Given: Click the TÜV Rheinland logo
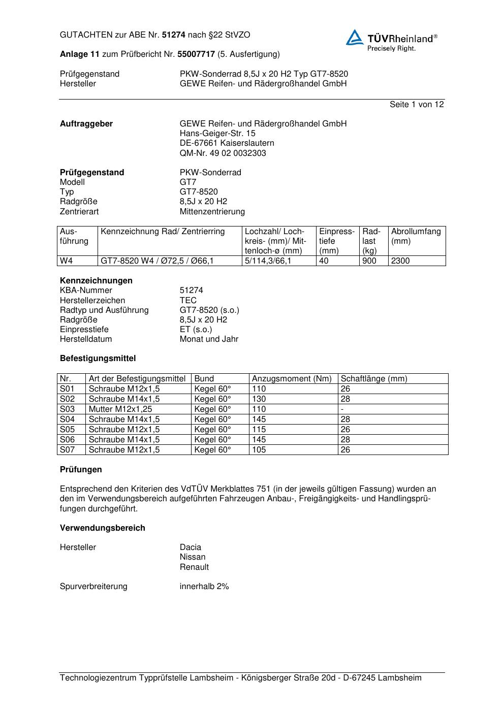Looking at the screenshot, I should tap(391, 40).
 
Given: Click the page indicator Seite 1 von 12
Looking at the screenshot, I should tap(417, 105).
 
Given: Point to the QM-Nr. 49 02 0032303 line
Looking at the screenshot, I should tap(223, 153).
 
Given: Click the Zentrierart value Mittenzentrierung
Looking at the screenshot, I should tap(212, 212).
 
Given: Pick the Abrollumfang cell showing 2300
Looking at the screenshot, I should tap(400, 261).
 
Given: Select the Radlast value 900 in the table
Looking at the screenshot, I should tap(369, 261).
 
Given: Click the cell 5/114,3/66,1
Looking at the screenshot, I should tap(268, 261).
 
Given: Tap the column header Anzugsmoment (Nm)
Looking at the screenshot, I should tap(292, 379).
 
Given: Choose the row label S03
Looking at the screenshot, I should tap(67, 409).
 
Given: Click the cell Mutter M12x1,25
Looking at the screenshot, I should tap(120, 409).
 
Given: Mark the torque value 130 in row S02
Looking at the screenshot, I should tap(259, 399).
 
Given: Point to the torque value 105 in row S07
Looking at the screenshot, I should tap(259, 450).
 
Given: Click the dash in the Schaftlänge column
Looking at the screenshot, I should tap(342, 409).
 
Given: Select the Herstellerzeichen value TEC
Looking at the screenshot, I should tap(188, 300).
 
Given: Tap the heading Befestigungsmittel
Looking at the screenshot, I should tap(98, 359).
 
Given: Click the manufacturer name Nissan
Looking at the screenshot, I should tap(193, 557).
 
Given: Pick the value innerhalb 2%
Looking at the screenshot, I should tap(204, 587).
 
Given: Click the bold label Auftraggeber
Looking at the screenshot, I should tap(86, 124).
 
